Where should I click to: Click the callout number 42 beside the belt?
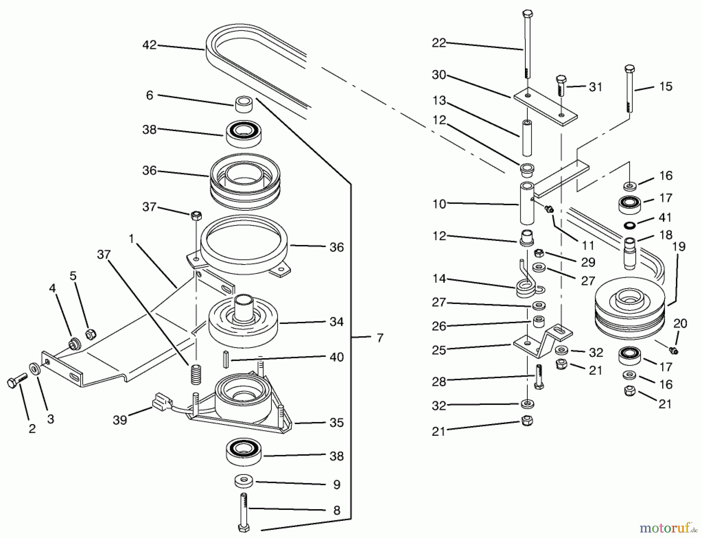[x=149, y=45]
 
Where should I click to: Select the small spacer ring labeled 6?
[x=245, y=104]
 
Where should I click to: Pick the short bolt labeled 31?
[x=560, y=85]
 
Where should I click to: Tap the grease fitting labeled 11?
[x=549, y=210]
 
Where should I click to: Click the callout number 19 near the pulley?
[x=679, y=247]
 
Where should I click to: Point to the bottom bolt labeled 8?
[x=243, y=511]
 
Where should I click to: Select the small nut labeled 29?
[x=538, y=252]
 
